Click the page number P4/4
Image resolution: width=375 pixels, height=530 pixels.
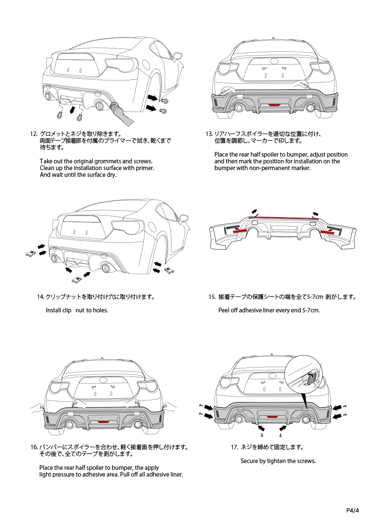[x=352, y=511]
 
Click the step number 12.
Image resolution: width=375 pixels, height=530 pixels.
[x=34, y=134]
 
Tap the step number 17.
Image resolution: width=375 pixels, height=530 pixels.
[x=235, y=447]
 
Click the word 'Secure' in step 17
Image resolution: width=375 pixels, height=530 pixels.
[x=249, y=461]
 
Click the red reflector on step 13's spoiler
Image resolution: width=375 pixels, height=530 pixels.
[x=274, y=104]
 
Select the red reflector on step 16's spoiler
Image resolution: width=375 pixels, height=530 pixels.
[x=103, y=421]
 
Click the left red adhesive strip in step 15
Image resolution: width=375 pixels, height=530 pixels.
[x=239, y=231]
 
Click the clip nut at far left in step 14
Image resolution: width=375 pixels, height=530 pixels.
[x=30, y=253]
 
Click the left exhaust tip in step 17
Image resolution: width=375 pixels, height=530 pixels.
[x=238, y=419]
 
